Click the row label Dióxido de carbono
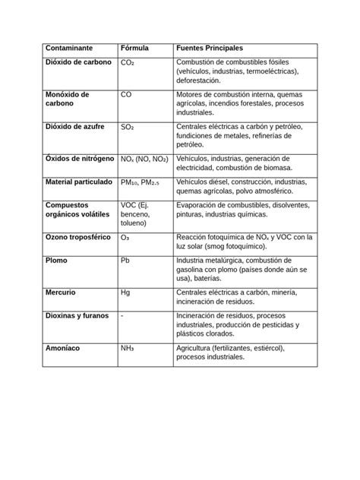[x=79, y=62]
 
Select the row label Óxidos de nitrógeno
[x=79, y=159]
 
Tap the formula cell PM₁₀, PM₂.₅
[x=142, y=182]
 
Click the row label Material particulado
[x=79, y=182]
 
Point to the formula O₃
[x=125, y=238]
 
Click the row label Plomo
[x=57, y=261]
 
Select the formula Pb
[x=125, y=261]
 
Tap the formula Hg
[x=126, y=292]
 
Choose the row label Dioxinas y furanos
[x=77, y=316]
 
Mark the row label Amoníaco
[x=64, y=349]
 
